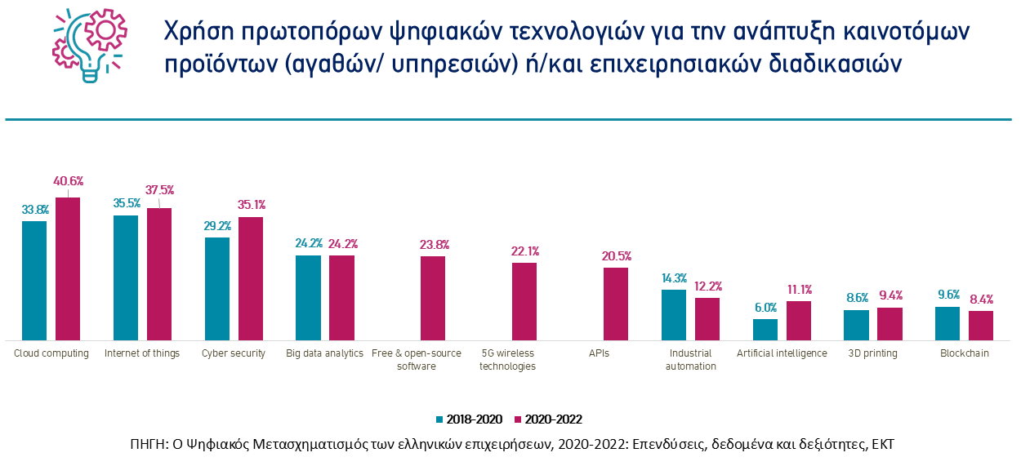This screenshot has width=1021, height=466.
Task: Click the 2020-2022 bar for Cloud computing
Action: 68,269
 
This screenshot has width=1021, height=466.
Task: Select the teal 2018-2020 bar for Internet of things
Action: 126,277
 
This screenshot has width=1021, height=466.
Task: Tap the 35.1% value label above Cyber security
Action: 251,205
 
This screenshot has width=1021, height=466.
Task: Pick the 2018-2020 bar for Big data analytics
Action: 308,297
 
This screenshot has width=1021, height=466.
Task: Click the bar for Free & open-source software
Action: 433,298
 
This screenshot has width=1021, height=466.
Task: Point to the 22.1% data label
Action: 524,251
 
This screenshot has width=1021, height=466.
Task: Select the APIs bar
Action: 616,304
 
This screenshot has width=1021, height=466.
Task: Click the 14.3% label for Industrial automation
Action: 674,277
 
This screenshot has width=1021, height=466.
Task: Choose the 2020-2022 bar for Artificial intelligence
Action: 799,320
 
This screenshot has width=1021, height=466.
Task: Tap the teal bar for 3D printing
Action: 856,325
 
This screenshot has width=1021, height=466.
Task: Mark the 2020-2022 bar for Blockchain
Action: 981,325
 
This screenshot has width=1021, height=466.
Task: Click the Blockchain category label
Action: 965,353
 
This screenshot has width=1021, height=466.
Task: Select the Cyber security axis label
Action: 234,353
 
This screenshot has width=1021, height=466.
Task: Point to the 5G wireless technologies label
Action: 507,360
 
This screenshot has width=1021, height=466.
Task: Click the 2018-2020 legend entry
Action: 469,419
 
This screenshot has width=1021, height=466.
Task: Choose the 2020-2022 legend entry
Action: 547,419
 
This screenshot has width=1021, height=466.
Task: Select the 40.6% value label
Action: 69,180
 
